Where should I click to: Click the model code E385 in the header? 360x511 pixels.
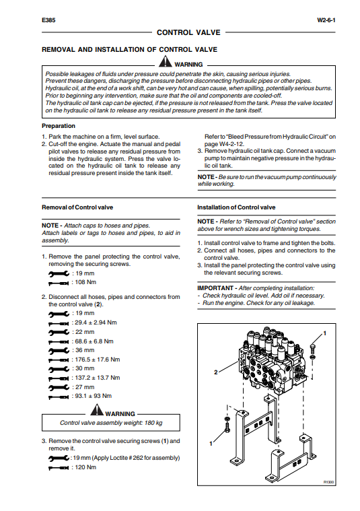(x=48, y=20)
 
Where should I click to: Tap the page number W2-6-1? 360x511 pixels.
(x=326, y=20)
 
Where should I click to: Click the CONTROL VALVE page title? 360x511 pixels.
(x=188, y=32)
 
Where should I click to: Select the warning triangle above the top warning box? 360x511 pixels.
(x=166, y=61)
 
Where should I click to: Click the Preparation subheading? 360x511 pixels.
(x=59, y=126)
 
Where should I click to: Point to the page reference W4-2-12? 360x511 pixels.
(x=232, y=143)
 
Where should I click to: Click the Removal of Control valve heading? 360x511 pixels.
(x=77, y=207)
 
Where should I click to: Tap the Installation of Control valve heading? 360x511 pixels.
(x=236, y=207)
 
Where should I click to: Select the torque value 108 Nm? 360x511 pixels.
(x=85, y=282)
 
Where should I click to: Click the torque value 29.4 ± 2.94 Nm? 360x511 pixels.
(x=96, y=322)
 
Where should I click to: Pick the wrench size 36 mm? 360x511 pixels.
(x=85, y=350)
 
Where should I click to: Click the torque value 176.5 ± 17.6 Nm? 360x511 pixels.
(x=98, y=360)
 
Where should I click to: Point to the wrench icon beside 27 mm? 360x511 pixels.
(x=59, y=388)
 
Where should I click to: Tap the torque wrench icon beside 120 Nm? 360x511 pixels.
(x=59, y=468)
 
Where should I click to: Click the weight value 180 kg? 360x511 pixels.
(x=153, y=423)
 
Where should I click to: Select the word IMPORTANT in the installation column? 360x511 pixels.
(x=215, y=288)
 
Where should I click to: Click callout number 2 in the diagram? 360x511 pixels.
(x=216, y=372)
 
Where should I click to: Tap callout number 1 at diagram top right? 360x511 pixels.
(x=324, y=333)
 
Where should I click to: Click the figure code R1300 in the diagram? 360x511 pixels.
(x=329, y=482)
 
